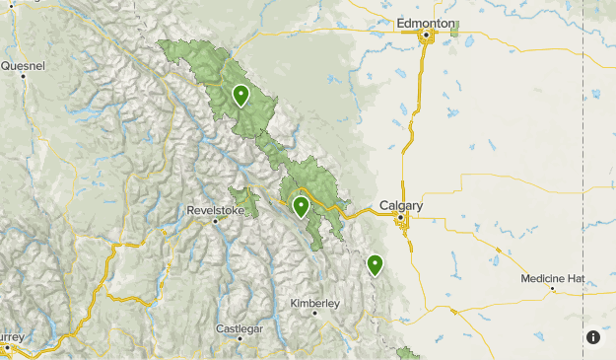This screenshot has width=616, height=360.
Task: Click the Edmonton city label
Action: tap(427, 22)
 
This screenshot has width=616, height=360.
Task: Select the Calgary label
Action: tap(401, 205)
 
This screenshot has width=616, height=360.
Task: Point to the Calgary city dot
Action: tap(403, 219)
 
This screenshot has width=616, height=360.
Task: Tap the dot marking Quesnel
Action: tap(23, 77)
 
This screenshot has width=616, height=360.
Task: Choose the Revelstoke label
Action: tap(215, 209)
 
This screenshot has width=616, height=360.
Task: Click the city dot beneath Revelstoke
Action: tap(214, 220)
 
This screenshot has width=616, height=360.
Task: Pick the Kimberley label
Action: tap(314, 303)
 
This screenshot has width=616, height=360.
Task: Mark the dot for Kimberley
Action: tap(314, 313)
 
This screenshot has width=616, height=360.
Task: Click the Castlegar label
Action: tap(240, 327)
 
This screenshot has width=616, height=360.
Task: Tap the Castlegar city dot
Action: tap(240, 338)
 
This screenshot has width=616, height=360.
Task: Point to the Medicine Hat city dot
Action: tap(553, 289)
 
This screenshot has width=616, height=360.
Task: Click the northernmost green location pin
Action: tap(240, 95)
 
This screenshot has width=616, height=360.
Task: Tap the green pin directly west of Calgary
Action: tap(301, 206)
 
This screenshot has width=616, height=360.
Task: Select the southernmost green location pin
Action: tap(375, 263)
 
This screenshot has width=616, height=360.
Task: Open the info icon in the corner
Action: tap(593, 337)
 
